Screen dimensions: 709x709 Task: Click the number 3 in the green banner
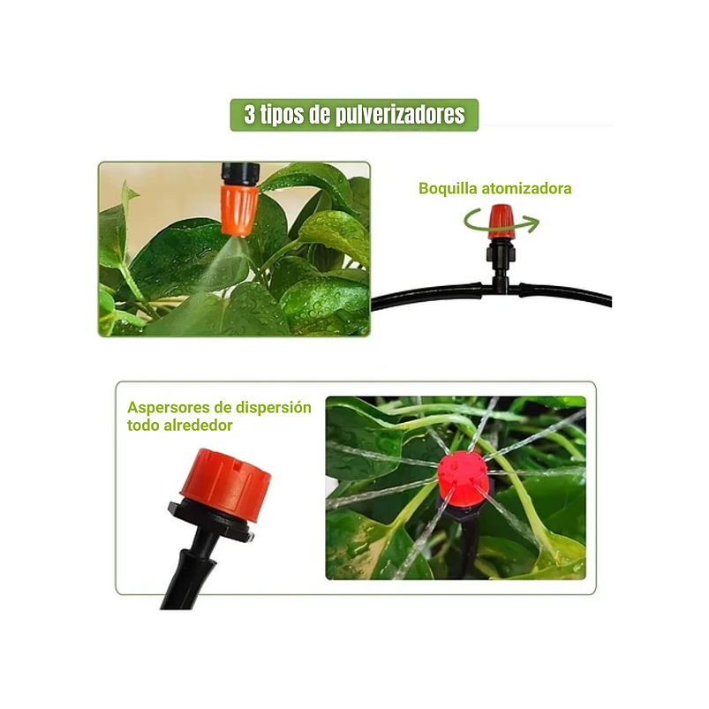250,115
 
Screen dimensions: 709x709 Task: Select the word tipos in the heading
282,115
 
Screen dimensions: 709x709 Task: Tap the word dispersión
273,407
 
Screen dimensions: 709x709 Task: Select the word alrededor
199,425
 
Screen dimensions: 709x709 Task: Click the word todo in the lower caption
143,425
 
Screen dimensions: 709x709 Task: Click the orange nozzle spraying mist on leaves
238,205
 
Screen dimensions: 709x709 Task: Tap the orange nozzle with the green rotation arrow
501,220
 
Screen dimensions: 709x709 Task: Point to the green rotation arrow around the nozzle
528,224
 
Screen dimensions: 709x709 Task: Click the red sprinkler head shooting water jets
462,474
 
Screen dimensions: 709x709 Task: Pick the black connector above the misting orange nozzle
239,170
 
